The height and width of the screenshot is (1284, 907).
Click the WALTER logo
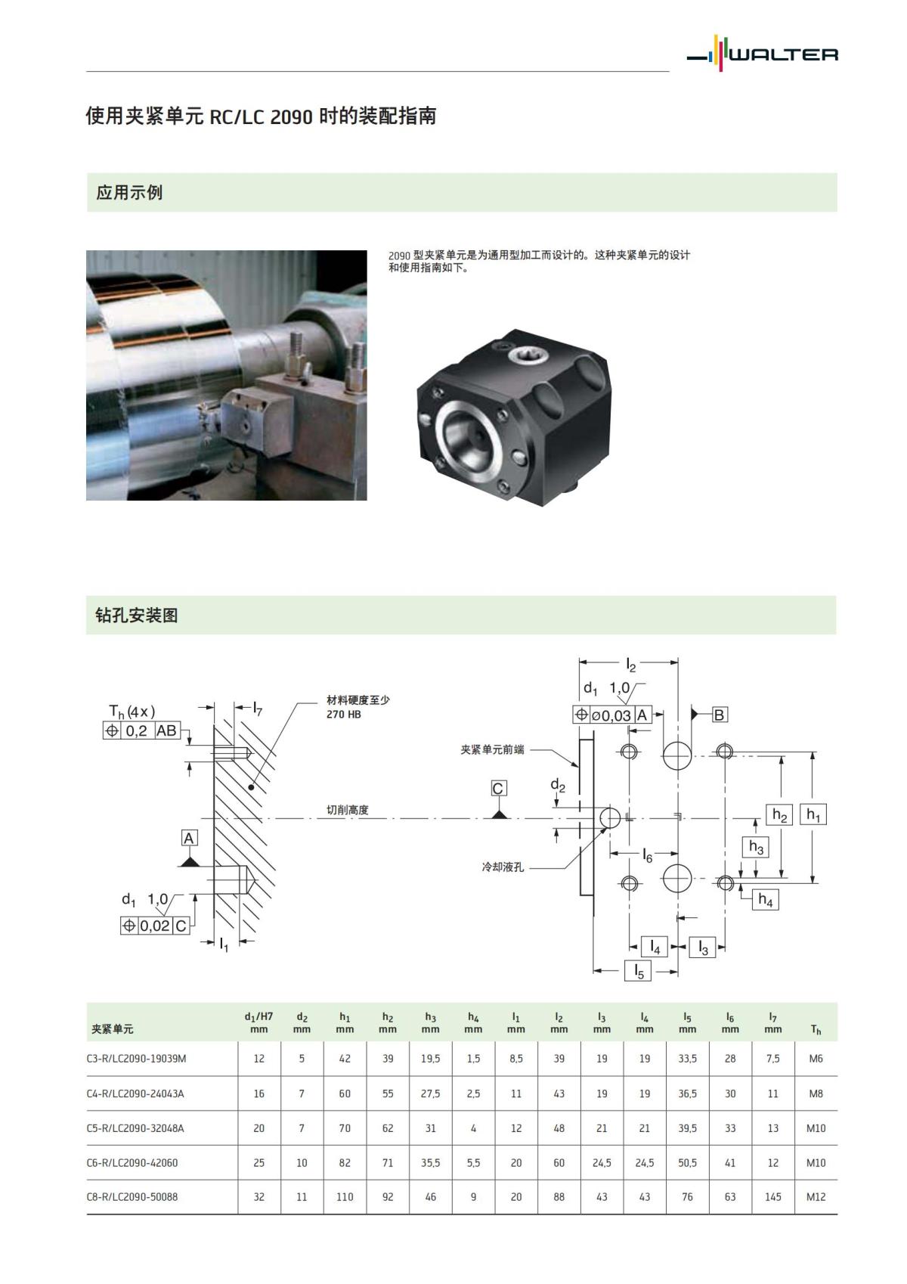[x=763, y=54]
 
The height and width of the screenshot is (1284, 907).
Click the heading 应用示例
[x=129, y=193]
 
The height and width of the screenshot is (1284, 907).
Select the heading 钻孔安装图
[x=137, y=616]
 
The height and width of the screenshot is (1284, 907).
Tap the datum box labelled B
[x=719, y=715]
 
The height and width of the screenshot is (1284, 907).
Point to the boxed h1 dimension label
[x=813, y=814]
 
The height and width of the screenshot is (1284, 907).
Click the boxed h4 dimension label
[x=766, y=900]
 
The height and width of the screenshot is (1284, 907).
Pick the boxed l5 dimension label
[x=639, y=971]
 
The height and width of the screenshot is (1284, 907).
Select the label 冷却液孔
[x=503, y=867]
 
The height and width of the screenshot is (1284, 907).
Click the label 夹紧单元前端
[x=492, y=749]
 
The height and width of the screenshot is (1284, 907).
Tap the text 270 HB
[x=344, y=715]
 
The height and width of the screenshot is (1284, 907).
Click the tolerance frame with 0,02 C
[x=155, y=926]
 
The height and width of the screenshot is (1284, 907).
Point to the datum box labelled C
[x=497, y=789]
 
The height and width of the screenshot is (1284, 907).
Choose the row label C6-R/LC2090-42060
[x=132, y=1163]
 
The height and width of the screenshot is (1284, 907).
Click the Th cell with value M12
[x=816, y=1197]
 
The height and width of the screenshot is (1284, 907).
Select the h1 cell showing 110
[x=345, y=1197]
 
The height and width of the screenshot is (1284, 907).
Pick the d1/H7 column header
[x=258, y=1022]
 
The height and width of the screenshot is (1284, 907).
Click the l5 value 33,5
[x=687, y=1059]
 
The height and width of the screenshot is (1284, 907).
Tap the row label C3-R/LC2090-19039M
[x=136, y=1059]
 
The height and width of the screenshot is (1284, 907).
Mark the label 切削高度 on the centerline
[x=348, y=810]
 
